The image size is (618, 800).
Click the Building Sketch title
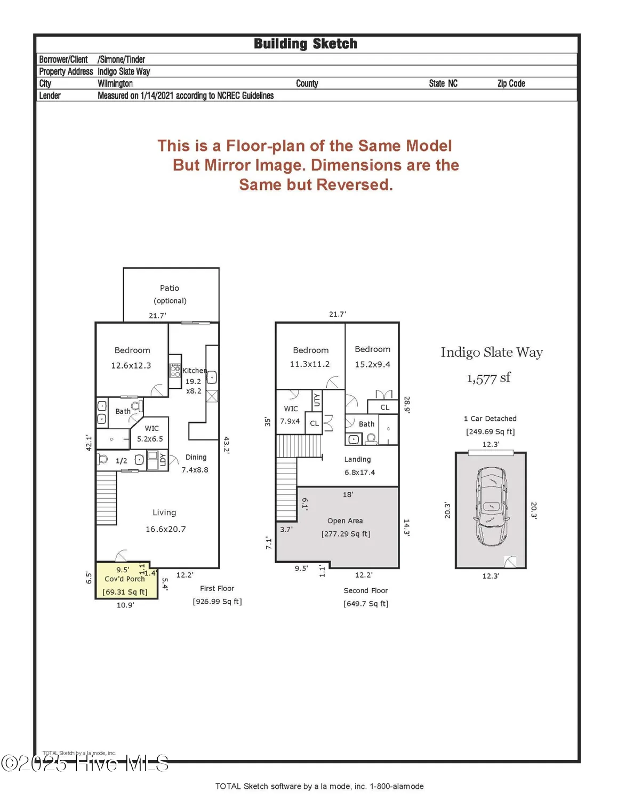tap(305, 44)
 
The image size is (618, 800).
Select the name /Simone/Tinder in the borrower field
tap(121, 60)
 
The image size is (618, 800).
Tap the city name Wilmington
tap(115, 84)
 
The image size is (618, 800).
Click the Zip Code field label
tap(511, 84)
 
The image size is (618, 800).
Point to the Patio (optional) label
tap(170, 294)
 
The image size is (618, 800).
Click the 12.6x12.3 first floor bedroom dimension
tap(131, 365)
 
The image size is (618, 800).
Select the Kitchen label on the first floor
tap(194, 371)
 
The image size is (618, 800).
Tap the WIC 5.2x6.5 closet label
tap(151, 434)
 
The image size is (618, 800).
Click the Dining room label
tap(196, 457)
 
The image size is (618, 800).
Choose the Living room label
tap(164, 513)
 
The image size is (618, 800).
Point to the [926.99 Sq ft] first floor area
tap(217, 602)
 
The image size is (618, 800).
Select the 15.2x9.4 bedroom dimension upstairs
tap(372, 364)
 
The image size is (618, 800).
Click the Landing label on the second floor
tap(357, 459)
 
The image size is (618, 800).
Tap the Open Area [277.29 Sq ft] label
tap(346, 527)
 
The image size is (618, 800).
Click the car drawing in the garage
tap(491, 506)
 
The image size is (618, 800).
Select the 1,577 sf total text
tap(488, 378)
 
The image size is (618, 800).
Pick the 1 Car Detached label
tap(490, 419)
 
